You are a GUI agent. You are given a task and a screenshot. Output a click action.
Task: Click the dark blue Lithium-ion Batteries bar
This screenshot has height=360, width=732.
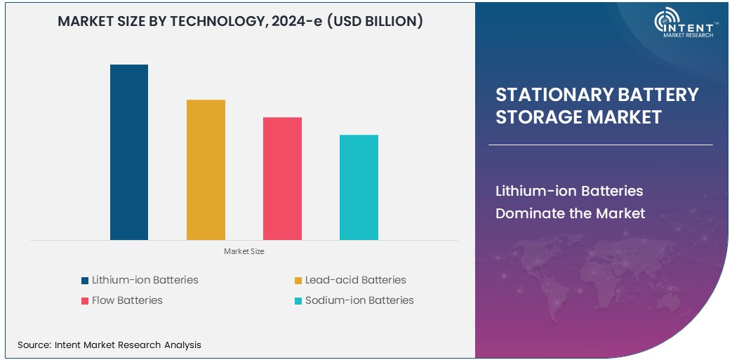point(129,152)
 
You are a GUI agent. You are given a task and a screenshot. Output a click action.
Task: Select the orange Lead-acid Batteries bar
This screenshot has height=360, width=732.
point(206,169)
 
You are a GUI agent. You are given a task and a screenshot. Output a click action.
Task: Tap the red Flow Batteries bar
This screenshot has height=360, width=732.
point(282,178)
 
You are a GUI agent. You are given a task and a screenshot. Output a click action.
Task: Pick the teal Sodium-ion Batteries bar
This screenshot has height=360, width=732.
point(359,187)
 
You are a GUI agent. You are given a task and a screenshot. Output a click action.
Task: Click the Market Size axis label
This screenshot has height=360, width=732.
point(244,251)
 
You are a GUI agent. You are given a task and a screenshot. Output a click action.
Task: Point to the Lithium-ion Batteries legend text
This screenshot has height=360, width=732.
point(145,280)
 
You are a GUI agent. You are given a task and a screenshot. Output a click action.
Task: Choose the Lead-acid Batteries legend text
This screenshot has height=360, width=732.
point(355,280)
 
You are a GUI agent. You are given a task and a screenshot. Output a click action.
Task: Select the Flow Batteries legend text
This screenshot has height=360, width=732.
point(127,300)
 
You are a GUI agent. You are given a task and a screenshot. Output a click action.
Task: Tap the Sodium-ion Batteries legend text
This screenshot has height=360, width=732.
point(359,300)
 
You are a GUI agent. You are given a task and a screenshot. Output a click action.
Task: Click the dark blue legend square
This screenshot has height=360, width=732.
point(85,281)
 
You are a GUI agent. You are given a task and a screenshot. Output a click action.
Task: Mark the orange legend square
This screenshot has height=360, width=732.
point(298,281)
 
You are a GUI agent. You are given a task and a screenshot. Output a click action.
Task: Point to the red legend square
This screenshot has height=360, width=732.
point(85,301)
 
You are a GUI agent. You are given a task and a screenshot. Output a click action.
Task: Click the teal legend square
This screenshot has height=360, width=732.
point(298,301)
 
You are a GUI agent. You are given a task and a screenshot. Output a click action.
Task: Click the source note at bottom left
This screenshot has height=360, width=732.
point(109,345)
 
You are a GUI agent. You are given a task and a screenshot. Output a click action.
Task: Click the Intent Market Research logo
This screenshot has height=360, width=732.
point(684,25)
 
